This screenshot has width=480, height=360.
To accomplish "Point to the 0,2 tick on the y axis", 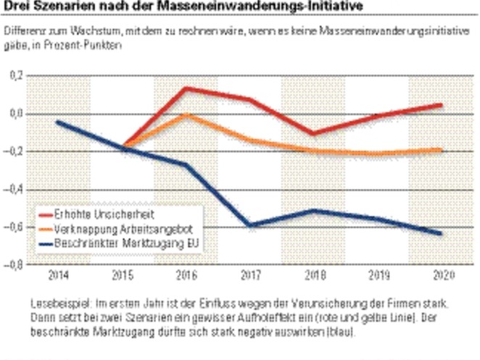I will click(x=15, y=77).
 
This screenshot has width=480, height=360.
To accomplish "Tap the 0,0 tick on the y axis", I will click(x=15, y=114).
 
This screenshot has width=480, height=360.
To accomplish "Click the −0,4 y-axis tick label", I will click(x=13, y=190).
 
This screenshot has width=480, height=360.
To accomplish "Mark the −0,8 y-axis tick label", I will click(x=13, y=265).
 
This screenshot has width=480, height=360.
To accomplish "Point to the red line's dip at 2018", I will click(x=313, y=134).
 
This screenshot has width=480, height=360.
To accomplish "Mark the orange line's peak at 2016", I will click(x=187, y=114).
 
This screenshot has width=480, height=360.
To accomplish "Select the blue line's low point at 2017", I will click(x=249, y=226).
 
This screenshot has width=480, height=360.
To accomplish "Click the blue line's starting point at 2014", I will click(x=58, y=122).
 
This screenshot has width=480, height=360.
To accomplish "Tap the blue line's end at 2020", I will click(x=440, y=233).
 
